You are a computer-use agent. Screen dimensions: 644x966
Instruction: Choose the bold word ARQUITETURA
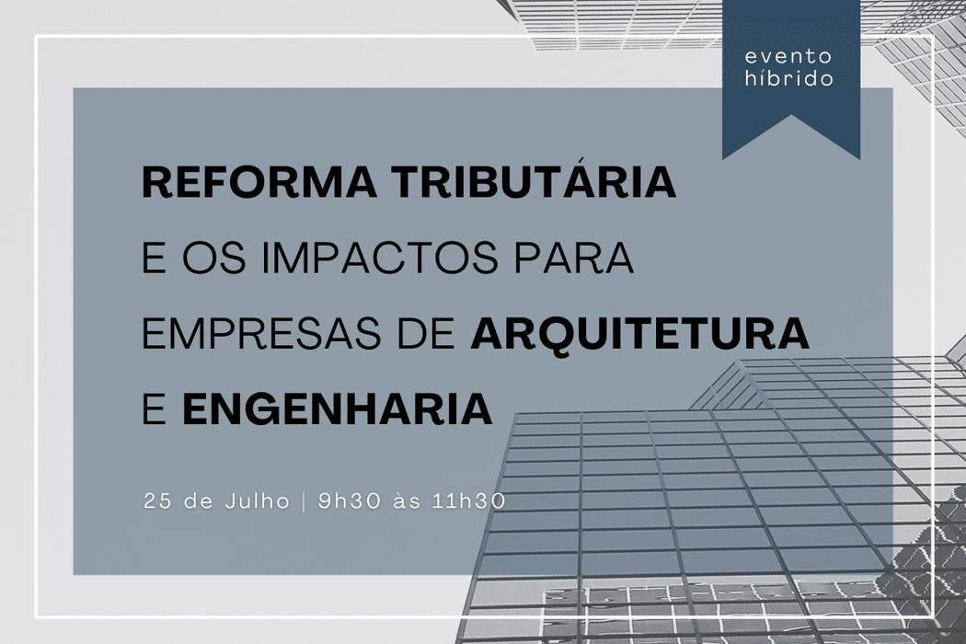[x=639, y=334]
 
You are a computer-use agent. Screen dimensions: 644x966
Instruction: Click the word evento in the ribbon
[x=790, y=58]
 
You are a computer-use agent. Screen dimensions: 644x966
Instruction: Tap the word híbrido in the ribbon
[x=790, y=79]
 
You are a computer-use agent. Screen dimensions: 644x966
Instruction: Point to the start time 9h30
[x=343, y=502]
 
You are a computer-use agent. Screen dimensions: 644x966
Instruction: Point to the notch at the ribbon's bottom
[x=790, y=138]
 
